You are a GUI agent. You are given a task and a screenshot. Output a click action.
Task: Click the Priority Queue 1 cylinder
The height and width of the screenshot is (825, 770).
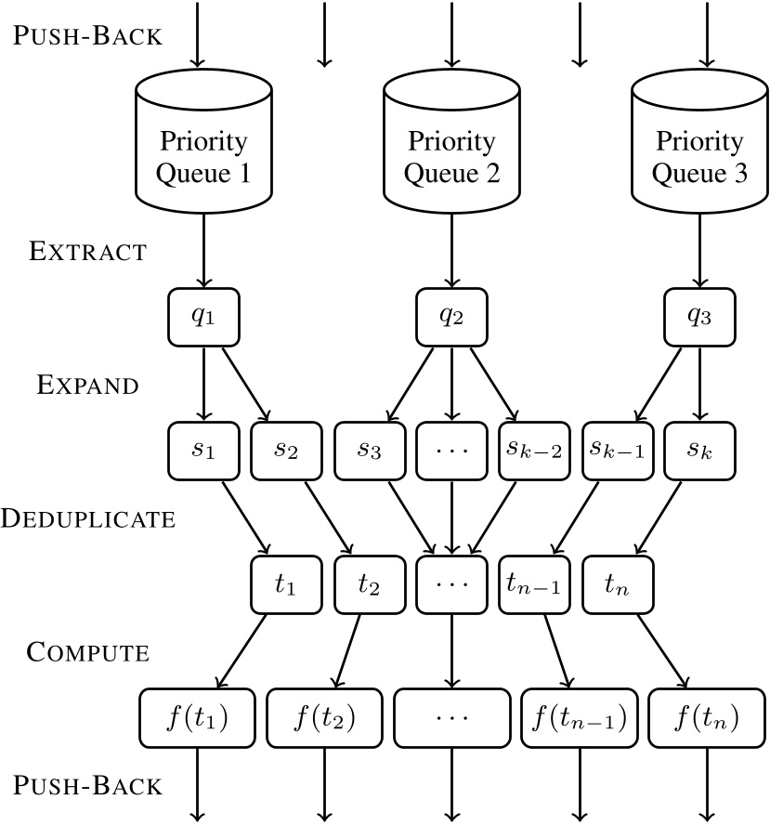click(x=202, y=149)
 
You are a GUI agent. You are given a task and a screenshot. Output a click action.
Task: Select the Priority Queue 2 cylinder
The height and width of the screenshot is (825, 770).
click(x=450, y=149)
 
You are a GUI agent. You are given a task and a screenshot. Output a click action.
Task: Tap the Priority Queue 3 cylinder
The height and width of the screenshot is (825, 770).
click(x=700, y=149)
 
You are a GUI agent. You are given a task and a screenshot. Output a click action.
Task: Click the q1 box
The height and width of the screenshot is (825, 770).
click(x=202, y=317)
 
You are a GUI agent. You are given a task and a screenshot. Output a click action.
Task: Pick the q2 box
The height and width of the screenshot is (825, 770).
click(x=450, y=317)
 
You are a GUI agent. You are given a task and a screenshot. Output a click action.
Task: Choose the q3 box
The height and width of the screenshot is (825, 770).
click(x=700, y=317)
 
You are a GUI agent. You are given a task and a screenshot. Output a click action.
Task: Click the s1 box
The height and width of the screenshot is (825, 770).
click(x=202, y=451)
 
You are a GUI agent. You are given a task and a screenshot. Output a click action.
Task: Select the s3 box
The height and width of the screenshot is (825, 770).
click(x=369, y=451)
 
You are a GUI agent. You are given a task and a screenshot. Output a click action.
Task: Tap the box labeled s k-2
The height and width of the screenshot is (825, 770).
click(x=533, y=451)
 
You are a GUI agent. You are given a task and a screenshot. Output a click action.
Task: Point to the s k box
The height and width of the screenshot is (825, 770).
click(x=700, y=451)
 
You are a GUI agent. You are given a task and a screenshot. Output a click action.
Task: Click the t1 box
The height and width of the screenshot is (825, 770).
click(x=286, y=585)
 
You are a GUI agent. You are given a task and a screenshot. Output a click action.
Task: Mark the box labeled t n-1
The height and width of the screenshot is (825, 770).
click(x=533, y=585)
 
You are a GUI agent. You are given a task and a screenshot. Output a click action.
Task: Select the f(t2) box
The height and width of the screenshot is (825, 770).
click(x=326, y=719)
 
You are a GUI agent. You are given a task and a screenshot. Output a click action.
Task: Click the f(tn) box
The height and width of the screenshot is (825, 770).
click(x=700, y=719)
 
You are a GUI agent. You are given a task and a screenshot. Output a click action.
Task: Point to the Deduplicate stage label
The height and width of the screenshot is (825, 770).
click(x=88, y=518)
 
